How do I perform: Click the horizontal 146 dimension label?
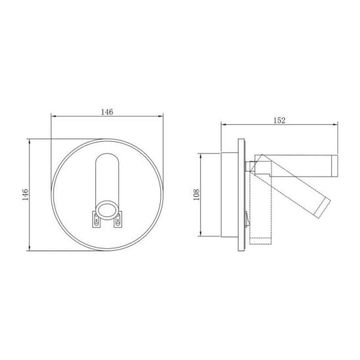(x=107, y=112)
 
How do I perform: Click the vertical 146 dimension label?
(x=25, y=194)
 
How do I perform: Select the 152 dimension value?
(x=279, y=120)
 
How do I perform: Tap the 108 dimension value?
(x=196, y=194)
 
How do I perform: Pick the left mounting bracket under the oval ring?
(x=96, y=219)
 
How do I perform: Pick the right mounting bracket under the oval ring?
(x=118, y=219)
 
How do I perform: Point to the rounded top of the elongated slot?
(x=107, y=154)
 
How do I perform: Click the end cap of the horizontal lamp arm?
(x=334, y=166)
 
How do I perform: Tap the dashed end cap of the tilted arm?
(x=323, y=208)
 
